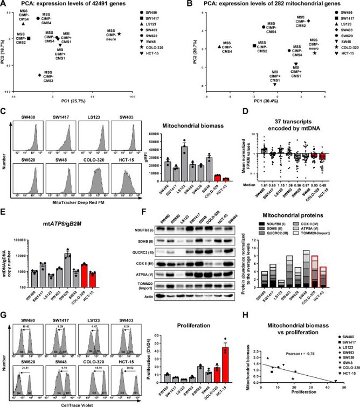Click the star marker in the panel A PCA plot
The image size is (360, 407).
point(119,34)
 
